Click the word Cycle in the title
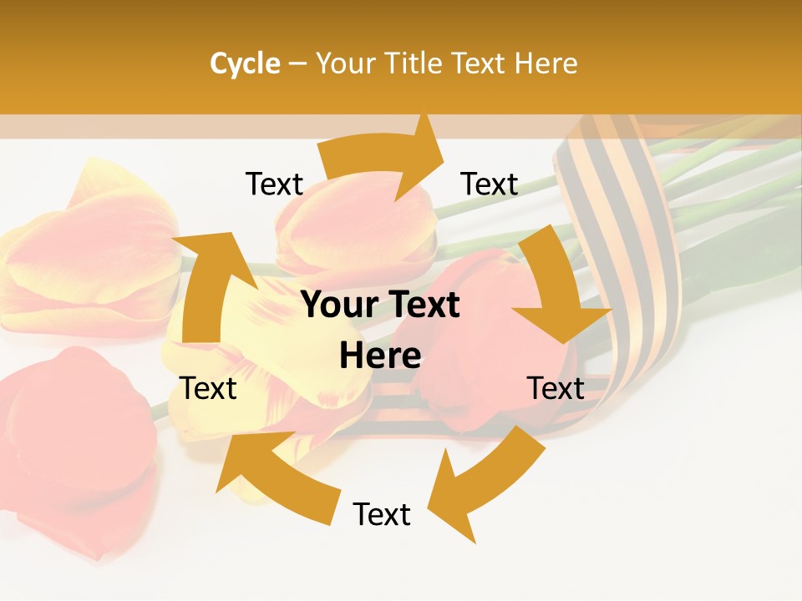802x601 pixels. [x=245, y=63]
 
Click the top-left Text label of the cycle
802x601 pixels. [x=274, y=184]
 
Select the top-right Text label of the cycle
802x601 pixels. [x=490, y=184]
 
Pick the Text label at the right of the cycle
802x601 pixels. [x=556, y=388]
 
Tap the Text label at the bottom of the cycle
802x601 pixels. [x=382, y=514]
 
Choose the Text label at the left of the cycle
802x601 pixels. [x=208, y=388]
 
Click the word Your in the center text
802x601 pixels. [x=334, y=306]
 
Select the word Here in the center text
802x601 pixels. [x=380, y=356]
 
